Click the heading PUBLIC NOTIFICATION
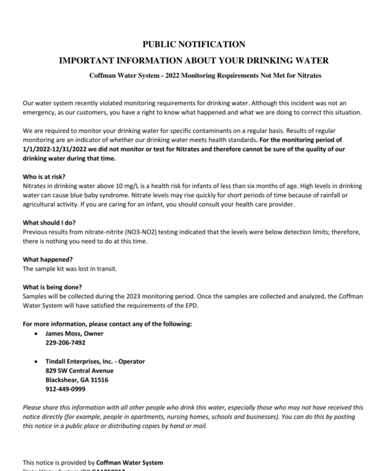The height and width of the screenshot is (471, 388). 193,44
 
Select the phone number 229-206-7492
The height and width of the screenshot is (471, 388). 65,343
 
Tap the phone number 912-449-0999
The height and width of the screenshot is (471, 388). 65,389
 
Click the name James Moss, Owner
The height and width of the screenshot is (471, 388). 74,334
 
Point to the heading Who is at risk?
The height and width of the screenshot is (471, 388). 44,176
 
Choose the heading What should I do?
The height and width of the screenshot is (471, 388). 49,222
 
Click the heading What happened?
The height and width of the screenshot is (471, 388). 48,259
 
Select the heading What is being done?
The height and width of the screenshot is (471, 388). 52,287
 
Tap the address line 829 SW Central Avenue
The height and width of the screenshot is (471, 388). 79,370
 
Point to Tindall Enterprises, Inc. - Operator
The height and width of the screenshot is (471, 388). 95,361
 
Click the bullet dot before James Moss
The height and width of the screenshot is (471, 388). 38,334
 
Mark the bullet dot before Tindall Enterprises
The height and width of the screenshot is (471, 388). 38,362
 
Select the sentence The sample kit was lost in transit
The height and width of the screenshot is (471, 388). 70,268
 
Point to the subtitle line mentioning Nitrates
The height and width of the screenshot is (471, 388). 206,75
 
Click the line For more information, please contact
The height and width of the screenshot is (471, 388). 107,324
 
